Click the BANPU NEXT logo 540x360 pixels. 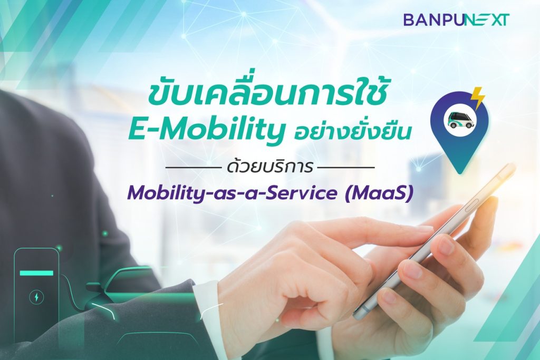[x=456, y=20]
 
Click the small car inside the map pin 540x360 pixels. [x=459, y=121]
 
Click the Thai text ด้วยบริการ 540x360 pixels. [x=270, y=167]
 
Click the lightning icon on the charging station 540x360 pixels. [x=36, y=297]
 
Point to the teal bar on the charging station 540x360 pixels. [x=36, y=273]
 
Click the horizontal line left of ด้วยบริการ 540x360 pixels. [x=193, y=168]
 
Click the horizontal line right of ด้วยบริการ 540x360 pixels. [x=346, y=168]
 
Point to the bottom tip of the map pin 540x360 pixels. [x=460, y=174]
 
